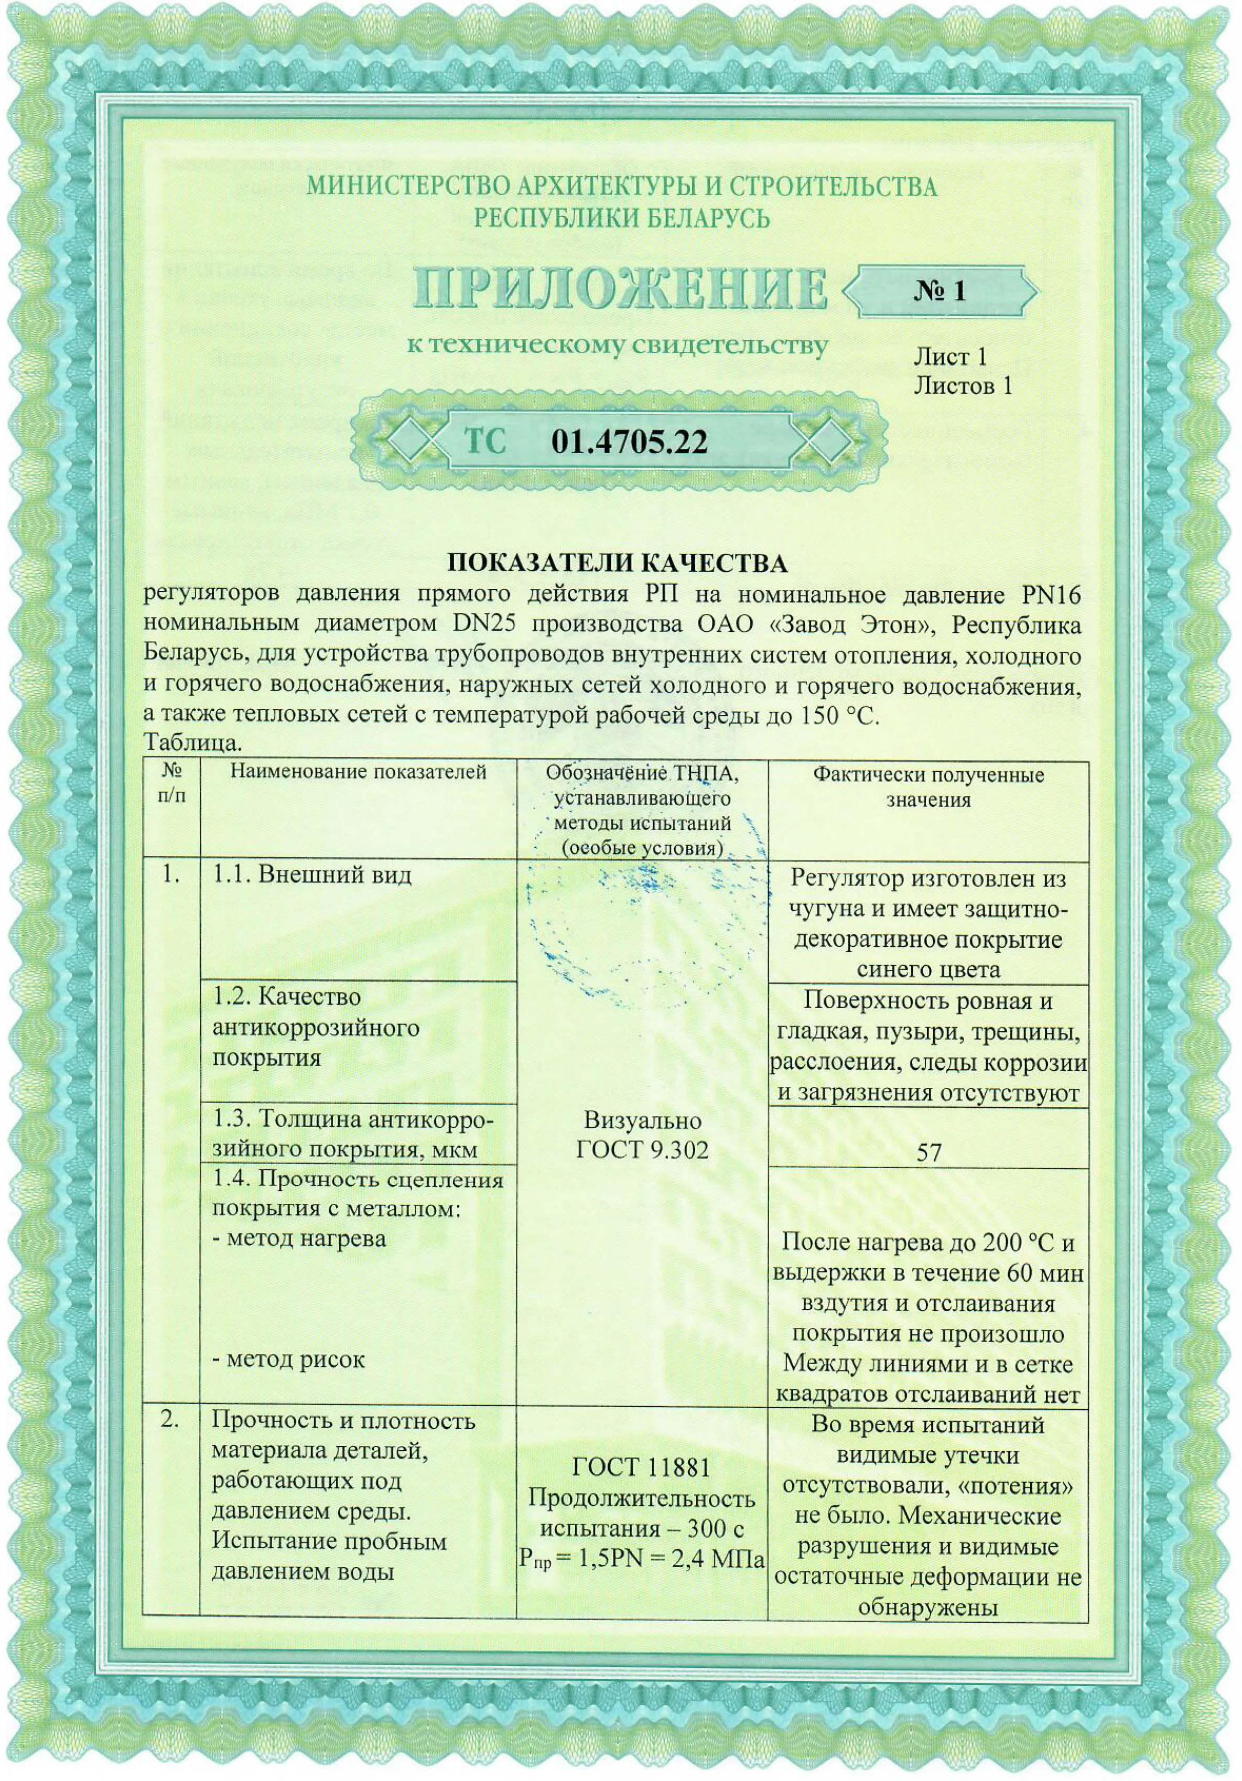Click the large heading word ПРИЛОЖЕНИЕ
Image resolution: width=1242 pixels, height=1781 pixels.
coord(621,288)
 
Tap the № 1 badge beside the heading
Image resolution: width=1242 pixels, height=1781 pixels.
coord(939,291)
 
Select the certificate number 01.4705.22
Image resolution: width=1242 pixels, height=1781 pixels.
coord(629,442)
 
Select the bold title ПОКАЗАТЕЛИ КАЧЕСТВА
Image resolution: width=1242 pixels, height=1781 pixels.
coord(618,563)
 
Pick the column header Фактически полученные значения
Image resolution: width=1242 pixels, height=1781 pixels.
coord(928,786)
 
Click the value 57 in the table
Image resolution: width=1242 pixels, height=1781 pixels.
coord(928,1152)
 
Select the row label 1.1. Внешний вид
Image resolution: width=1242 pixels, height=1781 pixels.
coord(312,874)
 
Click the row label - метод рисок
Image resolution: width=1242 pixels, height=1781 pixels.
coord(288,1359)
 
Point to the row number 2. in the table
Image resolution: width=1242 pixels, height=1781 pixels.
coord(170,1420)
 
